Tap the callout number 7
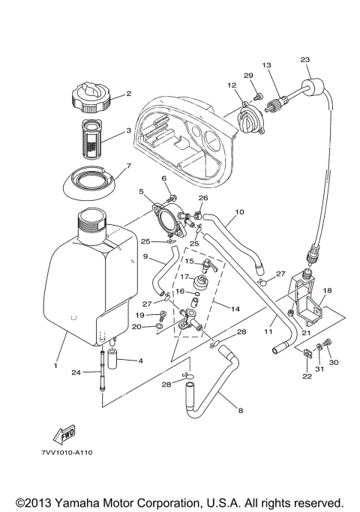(128, 166)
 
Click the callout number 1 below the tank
(55, 365)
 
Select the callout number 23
(304, 60)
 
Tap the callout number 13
(265, 66)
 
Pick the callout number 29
(248, 75)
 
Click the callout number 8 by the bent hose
(240, 410)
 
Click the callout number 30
(334, 362)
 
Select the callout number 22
(306, 376)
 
